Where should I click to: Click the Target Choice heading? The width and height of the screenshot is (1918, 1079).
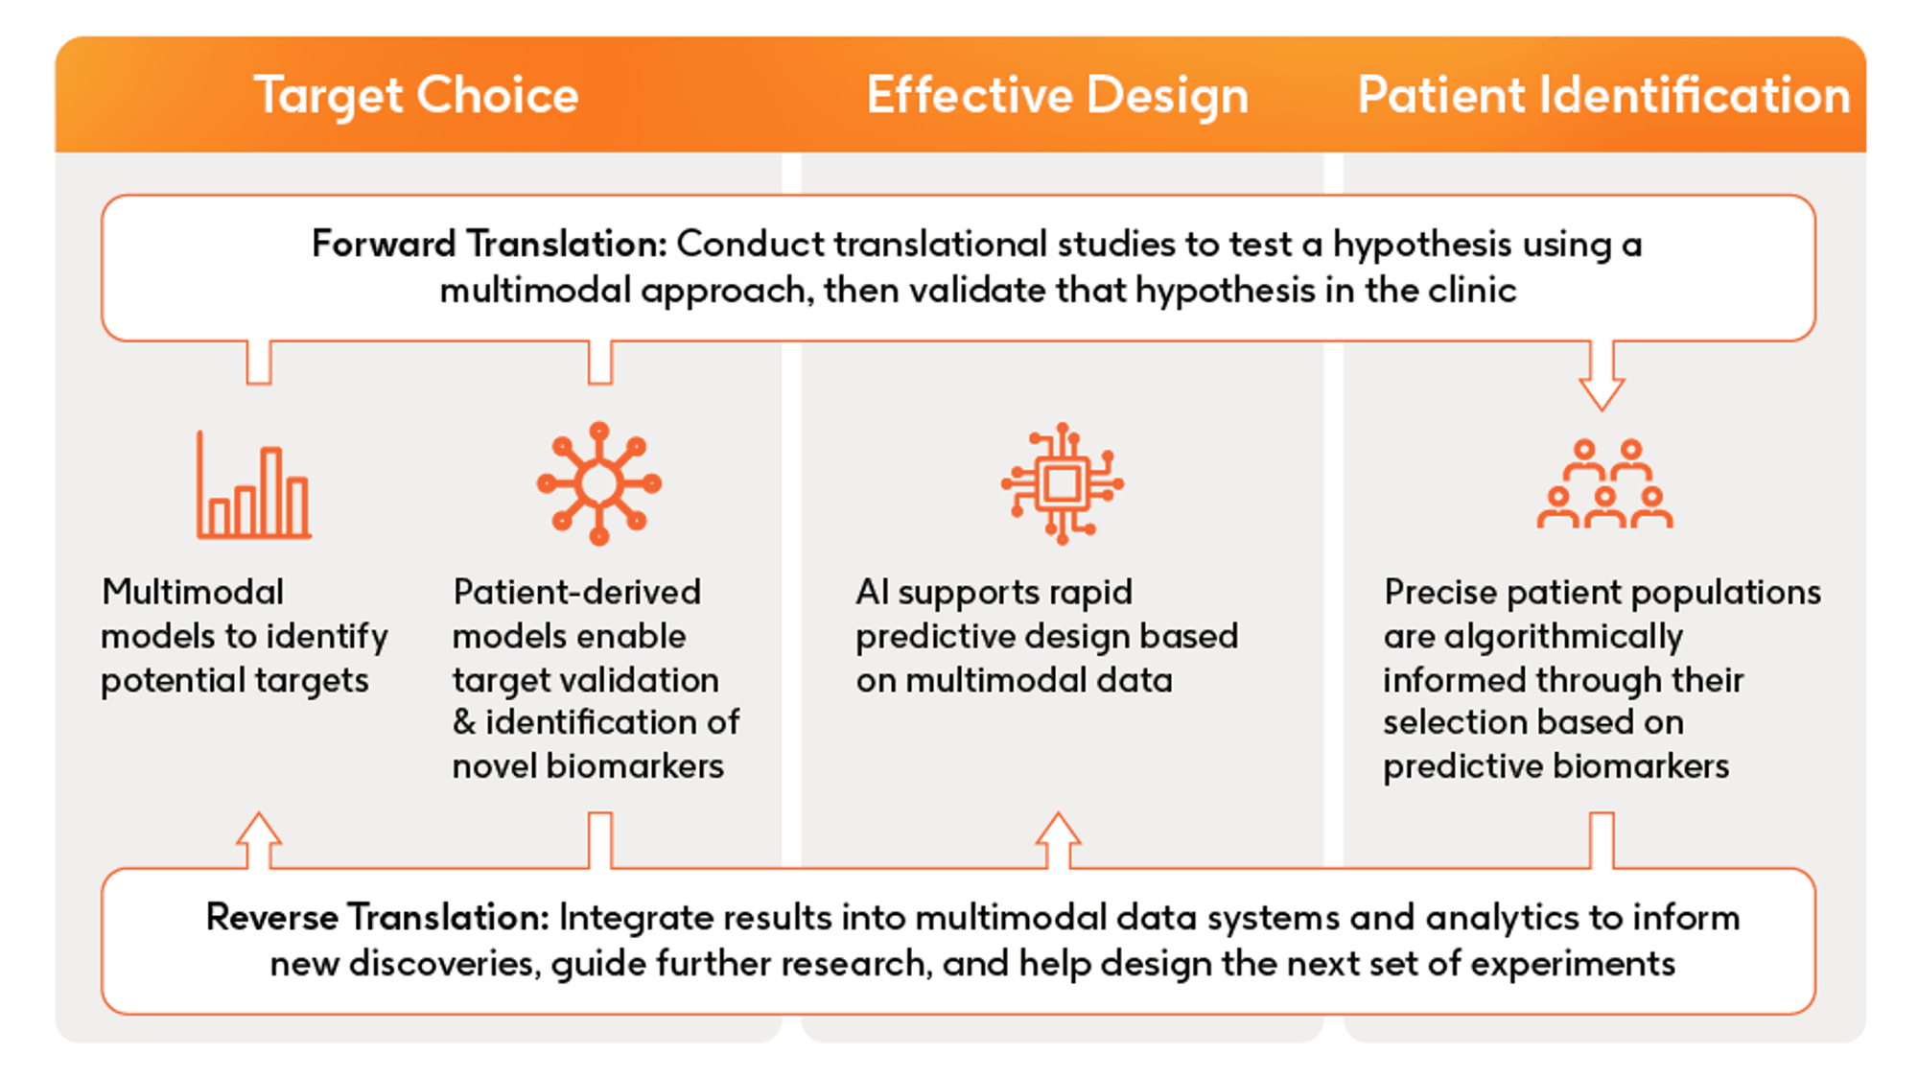point(415,95)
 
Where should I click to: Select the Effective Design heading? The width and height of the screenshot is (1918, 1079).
point(1057,95)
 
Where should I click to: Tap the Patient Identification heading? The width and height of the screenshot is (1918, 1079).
point(1602,95)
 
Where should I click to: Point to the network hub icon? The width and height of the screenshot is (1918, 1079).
point(599,483)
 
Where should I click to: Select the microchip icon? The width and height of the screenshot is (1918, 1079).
point(1062,483)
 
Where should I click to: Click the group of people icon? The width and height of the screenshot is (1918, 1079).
point(1604,483)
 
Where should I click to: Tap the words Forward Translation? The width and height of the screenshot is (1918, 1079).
point(489,245)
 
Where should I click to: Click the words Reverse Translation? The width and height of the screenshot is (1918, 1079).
point(377,918)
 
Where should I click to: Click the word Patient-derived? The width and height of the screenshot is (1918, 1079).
point(576,593)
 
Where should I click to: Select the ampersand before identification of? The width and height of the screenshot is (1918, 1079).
point(464,722)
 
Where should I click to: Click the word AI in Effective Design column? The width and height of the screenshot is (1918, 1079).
point(872,592)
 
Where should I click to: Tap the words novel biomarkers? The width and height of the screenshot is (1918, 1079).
point(588,766)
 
